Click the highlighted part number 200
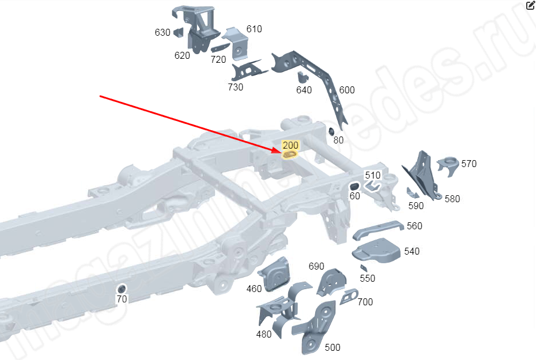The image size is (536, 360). click(x=290, y=145)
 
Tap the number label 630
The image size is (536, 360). click(x=163, y=33)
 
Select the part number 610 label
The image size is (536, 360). click(x=254, y=29)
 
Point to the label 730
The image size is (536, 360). click(x=235, y=87)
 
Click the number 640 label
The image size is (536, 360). click(x=304, y=90)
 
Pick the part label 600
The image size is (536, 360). click(x=347, y=90)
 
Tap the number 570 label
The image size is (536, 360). click(x=469, y=164)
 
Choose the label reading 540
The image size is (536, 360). click(x=412, y=251)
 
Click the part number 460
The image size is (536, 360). click(x=254, y=289)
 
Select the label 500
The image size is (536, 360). click(x=333, y=347)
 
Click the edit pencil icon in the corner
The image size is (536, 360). click(x=530, y=6)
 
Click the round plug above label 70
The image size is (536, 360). click(x=122, y=288)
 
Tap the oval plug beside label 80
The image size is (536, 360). click(x=332, y=131)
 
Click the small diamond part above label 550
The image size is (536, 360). click(x=363, y=268)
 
